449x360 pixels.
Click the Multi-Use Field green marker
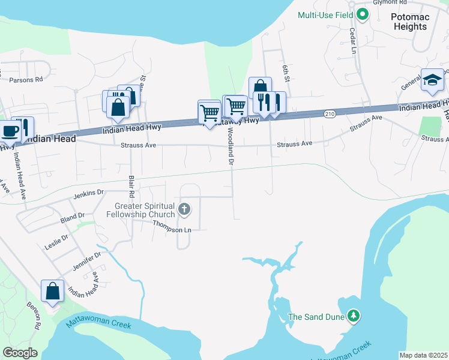362,14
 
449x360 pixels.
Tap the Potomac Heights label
410,22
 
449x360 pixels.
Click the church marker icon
184,210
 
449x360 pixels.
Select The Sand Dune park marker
354,316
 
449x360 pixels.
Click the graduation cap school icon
432,81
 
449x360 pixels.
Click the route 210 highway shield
330,113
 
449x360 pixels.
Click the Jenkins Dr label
89,194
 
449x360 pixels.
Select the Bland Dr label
73,216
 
